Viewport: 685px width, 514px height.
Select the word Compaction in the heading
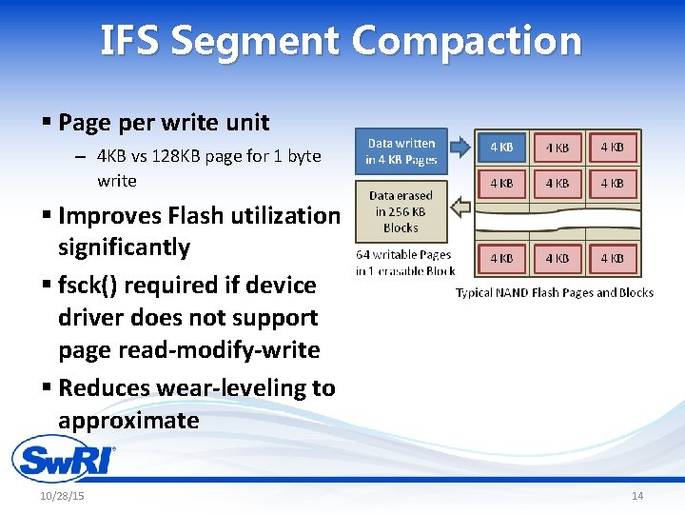pos(465,42)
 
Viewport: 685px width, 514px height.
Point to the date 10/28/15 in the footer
pos(62,497)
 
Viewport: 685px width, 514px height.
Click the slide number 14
pos(637,497)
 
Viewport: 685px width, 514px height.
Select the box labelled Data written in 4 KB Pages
pos(401,151)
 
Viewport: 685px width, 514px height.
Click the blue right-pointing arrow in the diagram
pos(460,147)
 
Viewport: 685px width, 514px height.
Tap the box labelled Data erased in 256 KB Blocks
pos(401,211)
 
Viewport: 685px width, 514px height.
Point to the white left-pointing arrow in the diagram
pos(460,207)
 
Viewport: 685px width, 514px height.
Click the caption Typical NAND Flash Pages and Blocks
pos(555,292)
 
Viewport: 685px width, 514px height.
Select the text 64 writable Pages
pos(403,255)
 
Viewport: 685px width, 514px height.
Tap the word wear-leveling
pos(223,388)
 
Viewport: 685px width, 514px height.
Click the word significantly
pos(124,247)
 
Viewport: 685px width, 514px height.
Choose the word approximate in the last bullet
pos(128,421)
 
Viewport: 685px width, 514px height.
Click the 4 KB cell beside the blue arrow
pos(501,148)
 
